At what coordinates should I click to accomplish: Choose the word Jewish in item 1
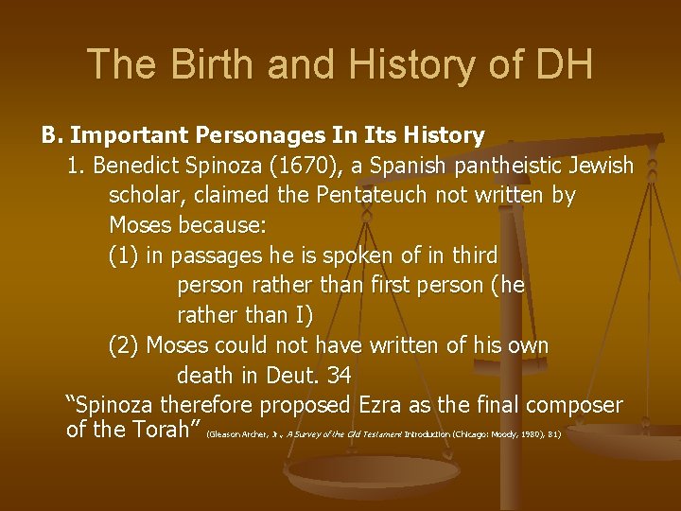click(x=602, y=167)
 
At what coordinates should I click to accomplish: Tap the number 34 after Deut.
click(x=339, y=376)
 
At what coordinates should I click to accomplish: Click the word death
click(x=205, y=376)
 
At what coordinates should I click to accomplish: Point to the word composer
click(x=572, y=406)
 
